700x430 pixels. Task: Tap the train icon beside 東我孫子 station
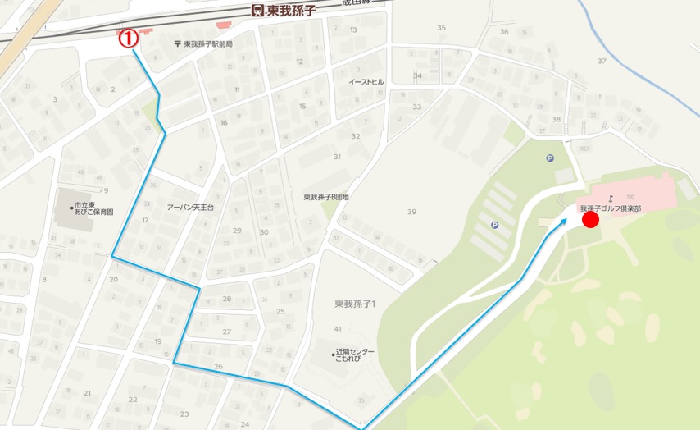(257, 10)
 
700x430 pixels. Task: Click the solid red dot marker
(590, 219)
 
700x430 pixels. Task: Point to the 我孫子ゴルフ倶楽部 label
(610, 208)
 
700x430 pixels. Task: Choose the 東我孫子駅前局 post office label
(208, 44)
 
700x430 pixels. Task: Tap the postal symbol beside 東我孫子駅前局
(178, 44)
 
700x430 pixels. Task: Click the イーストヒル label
(366, 82)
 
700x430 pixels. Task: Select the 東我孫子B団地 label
(326, 197)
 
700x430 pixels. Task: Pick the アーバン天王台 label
(190, 208)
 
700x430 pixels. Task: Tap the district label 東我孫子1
(355, 304)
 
